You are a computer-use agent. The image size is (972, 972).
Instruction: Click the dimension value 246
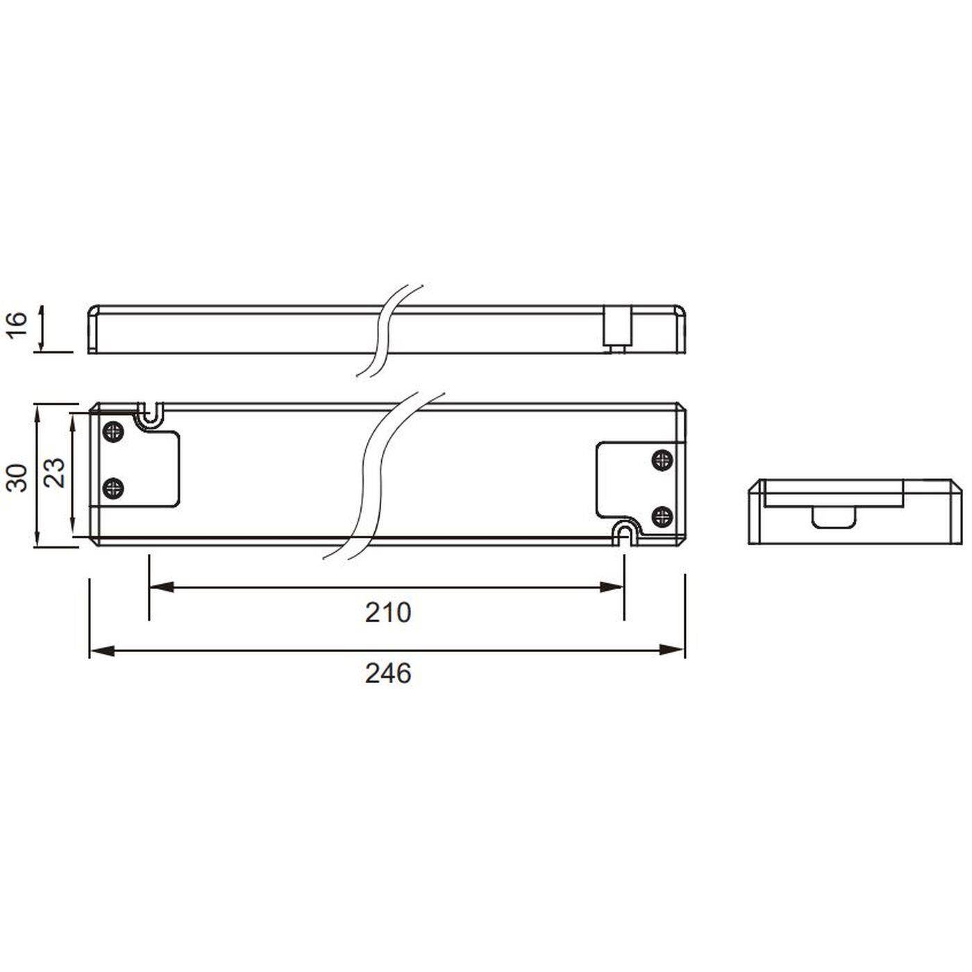(388, 673)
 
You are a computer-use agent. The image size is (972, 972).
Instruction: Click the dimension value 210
(388, 612)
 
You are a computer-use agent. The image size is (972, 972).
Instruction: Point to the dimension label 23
(56, 472)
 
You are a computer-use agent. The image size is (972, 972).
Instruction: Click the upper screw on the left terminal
(112, 431)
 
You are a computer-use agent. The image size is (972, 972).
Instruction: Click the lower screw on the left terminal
(112, 488)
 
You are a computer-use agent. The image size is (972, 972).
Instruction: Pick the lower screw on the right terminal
(662, 514)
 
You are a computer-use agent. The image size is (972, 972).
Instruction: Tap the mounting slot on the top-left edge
(149, 413)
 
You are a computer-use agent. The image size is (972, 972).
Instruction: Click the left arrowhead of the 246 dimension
(101, 650)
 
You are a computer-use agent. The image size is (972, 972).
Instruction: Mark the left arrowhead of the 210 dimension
(161, 587)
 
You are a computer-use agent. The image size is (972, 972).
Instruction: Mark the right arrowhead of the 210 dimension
(612, 587)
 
